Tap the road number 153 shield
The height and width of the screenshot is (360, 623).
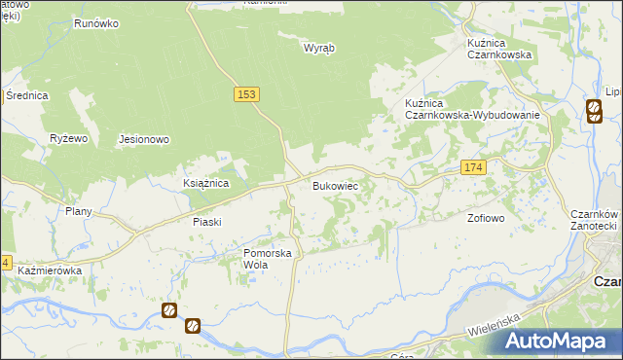click(x=247, y=93)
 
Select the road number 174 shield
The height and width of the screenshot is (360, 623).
click(x=472, y=168)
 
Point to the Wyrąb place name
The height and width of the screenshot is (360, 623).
click(x=319, y=48)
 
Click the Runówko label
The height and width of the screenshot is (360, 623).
click(x=95, y=21)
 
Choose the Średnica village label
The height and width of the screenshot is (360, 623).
click(x=26, y=95)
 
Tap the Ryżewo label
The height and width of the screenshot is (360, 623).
click(x=69, y=139)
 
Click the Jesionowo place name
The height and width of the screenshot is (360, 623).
click(x=144, y=139)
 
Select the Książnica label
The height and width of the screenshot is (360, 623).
click(x=205, y=183)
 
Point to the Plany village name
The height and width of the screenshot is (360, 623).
click(x=78, y=211)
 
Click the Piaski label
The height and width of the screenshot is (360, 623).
click(x=206, y=222)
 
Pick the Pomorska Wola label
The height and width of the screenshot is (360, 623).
click(x=268, y=259)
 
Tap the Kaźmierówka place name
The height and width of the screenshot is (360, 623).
click(x=49, y=270)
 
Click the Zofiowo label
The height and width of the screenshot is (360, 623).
click(x=486, y=218)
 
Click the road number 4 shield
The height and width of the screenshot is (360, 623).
click(x=5, y=263)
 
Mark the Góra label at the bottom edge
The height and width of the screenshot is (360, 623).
click(x=408, y=356)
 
